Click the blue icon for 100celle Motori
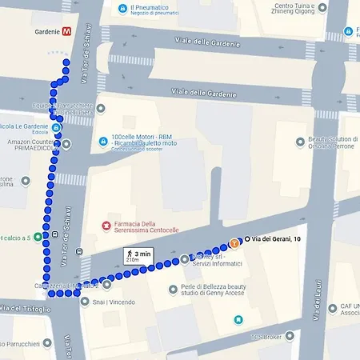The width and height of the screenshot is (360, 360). (x=104, y=142)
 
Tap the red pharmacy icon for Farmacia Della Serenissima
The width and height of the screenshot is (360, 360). (x=105, y=226)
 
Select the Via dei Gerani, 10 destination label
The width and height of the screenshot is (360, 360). (x=275, y=239)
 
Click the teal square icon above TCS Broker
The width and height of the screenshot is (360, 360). (x=238, y=320)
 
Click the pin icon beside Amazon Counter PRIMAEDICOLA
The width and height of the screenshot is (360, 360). (x=67, y=144)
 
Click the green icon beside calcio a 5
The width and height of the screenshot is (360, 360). (x=37, y=238)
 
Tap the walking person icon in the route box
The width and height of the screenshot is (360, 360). (x=128, y=252)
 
